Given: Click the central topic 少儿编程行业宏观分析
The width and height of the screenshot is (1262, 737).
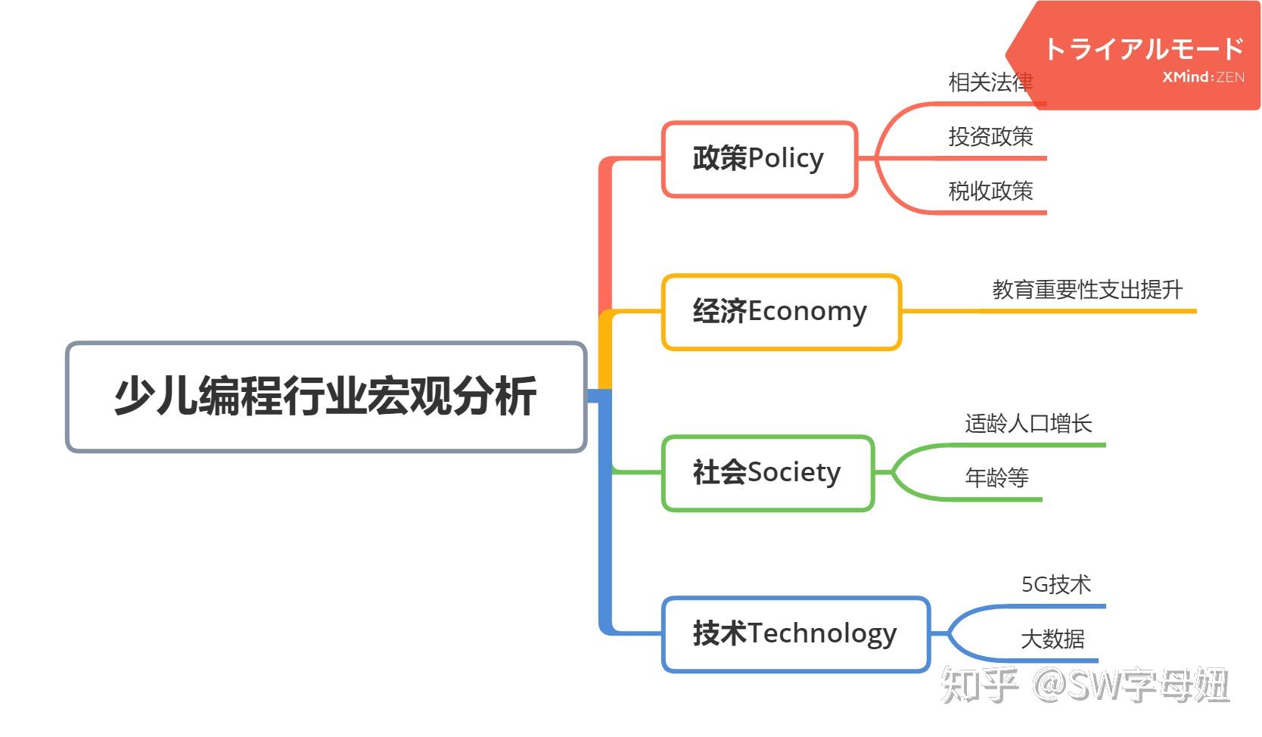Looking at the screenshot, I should tap(325, 396).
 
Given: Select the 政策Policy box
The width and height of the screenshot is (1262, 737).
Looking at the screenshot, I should tap(759, 159).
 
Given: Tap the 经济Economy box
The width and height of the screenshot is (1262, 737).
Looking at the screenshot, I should tap(781, 312).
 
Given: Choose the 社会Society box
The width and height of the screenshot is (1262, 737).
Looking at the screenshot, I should tap(767, 473).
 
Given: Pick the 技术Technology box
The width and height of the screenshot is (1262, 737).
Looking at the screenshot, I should tap(794, 634).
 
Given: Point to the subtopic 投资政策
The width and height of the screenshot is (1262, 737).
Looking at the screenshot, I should tap(990, 137).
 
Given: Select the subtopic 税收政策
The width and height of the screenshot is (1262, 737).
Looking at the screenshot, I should tap(990, 191).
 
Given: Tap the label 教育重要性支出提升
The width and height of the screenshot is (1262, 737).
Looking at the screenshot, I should tap(1086, 290).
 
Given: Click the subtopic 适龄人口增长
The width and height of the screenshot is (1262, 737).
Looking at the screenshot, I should tap(1028, 424).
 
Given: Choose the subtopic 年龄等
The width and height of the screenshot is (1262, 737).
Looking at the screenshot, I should tap(996, 478).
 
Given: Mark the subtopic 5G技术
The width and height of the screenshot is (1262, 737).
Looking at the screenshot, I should tap(1055, 585).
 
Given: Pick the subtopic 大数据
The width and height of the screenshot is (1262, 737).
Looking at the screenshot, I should tap(1052, 639).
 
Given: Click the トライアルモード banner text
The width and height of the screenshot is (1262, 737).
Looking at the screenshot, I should tap(1143, 49).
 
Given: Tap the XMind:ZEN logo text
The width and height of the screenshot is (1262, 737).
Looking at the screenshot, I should tap(1203, 77).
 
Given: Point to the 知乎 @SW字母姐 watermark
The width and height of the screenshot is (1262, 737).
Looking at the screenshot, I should tap(1084, 686).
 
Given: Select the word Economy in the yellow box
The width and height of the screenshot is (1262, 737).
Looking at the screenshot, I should tap(807, 312).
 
